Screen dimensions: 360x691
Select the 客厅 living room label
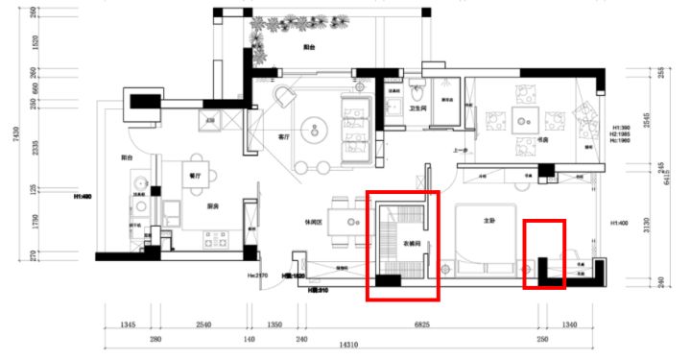(284, 137)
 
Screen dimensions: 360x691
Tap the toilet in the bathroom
(417, 93)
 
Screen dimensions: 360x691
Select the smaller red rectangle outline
(543, 253)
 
